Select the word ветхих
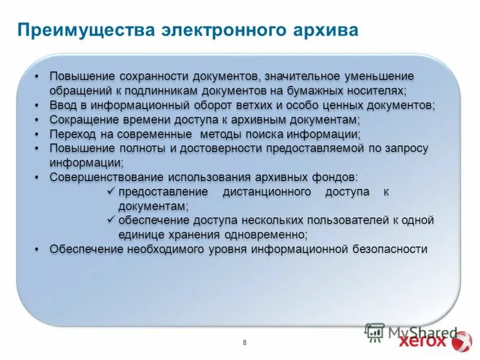point(253,105)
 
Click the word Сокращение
point(82,119)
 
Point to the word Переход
point(72,134)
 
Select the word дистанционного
point(267,191)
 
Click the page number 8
point(245,343)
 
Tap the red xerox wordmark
point(422,341)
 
